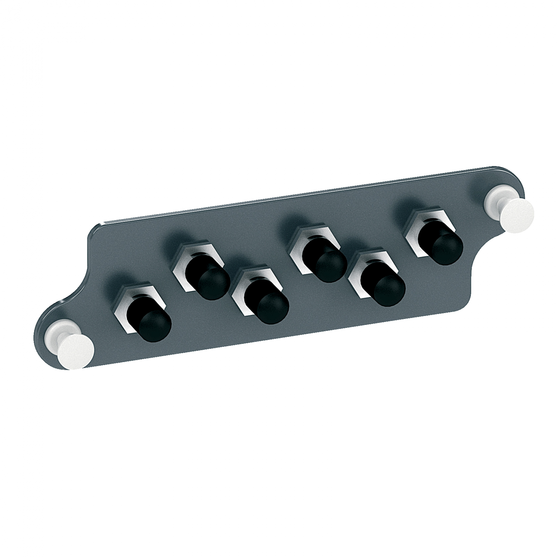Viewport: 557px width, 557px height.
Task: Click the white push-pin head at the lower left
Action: coord(76,351)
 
